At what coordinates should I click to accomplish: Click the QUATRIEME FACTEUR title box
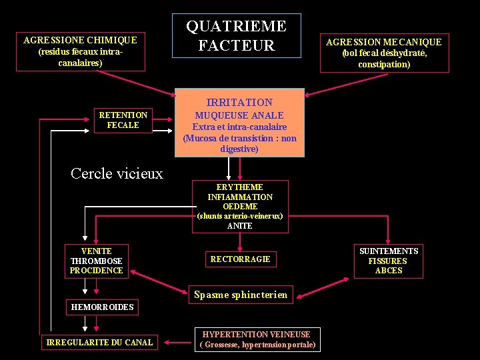tap(236, 36)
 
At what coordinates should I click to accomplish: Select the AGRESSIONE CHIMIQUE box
tap(80, 51)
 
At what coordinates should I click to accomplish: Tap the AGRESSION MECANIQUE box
tap(383, 53)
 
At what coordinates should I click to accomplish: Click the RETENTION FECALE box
tap(123, 120)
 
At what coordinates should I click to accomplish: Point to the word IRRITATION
tap(239, 102)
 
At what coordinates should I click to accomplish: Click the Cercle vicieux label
tap(117, 173)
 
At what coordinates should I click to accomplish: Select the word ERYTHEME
tap(239, 187)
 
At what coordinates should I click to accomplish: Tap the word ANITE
tap(239, 226)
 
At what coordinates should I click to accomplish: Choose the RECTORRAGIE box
tap(240, 259)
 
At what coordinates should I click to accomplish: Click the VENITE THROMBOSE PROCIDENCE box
tap(97, 261)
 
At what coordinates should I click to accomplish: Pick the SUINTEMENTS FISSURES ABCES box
tap(389, 261)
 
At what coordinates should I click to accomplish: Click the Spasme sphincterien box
tap(241, 294)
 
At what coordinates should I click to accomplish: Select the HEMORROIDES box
tap(102, 307)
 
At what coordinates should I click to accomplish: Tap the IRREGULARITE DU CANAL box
tap(99, 343)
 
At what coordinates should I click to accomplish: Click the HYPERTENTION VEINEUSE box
tap(257, 339)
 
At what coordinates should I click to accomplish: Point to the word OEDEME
tap(239, 207)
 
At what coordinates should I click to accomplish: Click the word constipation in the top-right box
tap(383, 65)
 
